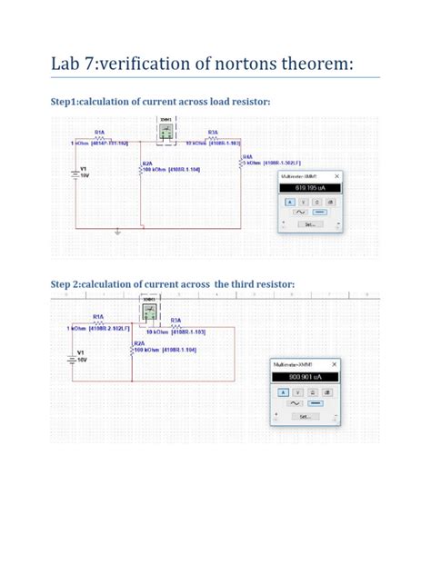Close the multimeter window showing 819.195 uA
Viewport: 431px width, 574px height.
click(x=336, y=176)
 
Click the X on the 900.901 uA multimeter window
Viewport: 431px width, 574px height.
click(x=334, y=363)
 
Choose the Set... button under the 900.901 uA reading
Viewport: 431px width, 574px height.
click(x=304, y=416)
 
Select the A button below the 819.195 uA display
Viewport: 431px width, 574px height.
click(x=290, y=202)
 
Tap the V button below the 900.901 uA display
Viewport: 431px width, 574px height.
click(x=297, y=391)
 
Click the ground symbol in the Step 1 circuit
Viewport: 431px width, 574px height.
click(x=117, y=233)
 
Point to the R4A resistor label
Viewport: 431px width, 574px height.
click(x=247, y=156)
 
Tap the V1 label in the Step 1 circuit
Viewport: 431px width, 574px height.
click(x=84, y=168)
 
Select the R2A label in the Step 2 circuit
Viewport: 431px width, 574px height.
click(x=138, y=342)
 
